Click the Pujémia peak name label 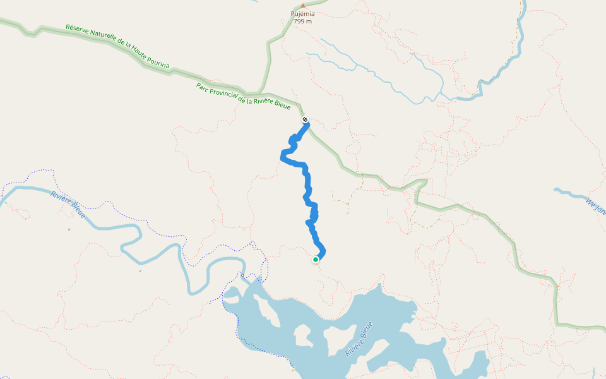point(302,13)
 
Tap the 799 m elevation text point(302,21)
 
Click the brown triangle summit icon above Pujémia point(302,6)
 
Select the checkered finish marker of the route point(305,119)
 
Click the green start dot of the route point(316,259)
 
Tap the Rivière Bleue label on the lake point(359,339)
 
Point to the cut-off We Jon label point(595,207)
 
